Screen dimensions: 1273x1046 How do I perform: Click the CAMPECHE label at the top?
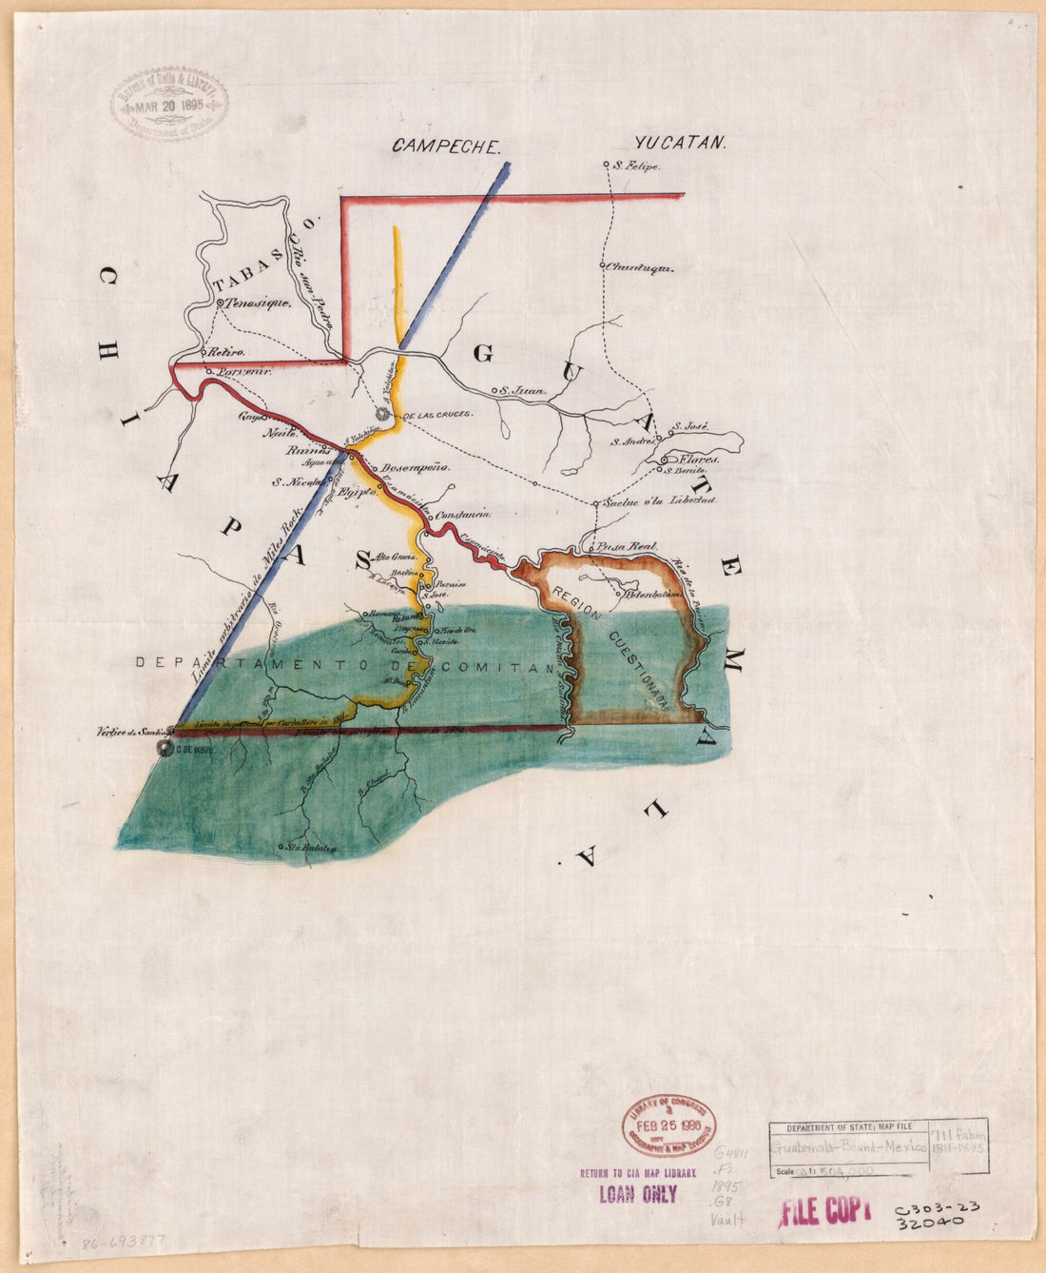coord(446,147)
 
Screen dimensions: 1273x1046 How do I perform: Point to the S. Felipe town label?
coord(637,166)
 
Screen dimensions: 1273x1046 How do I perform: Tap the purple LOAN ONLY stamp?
coord(637,1194)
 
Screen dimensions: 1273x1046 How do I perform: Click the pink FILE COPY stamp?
coord(824,1209)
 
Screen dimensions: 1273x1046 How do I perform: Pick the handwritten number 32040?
coord(931,1221)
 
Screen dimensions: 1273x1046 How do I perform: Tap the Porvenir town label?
coord(244,372)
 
